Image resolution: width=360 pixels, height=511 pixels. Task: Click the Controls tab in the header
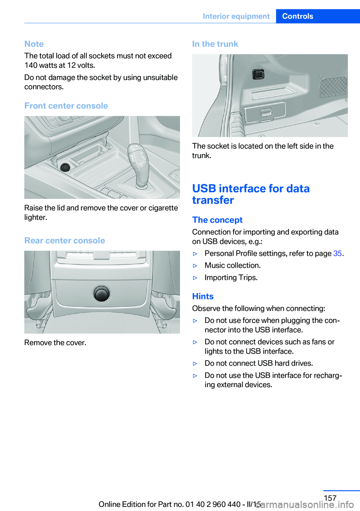tap(297, 16)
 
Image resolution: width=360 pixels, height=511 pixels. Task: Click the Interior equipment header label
tap(236, 16)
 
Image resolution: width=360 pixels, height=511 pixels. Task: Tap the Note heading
tap(34, 44)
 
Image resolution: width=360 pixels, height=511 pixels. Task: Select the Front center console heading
tap(66, 106)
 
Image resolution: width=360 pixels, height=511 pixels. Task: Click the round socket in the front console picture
tap(65, 167)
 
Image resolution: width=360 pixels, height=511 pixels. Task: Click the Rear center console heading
tap(64, 240)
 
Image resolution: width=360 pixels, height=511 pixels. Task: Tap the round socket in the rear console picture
tap(102, 293)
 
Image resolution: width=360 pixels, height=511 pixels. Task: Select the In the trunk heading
tap(215, 44)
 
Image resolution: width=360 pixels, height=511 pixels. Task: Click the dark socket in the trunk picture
tap(258, 74)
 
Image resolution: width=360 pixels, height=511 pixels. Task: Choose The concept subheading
tap(217, 220)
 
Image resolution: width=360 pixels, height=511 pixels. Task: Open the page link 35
tap(337, 253)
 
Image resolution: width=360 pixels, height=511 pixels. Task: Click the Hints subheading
tap(203, 296)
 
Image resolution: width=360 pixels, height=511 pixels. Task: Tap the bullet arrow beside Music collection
tap(195, 266)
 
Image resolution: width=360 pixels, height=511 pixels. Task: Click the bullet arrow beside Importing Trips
tap(195, 278)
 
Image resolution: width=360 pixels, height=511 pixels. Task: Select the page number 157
tap(330, 498)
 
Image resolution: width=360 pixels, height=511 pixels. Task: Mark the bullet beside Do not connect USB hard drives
tap(195, 364)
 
